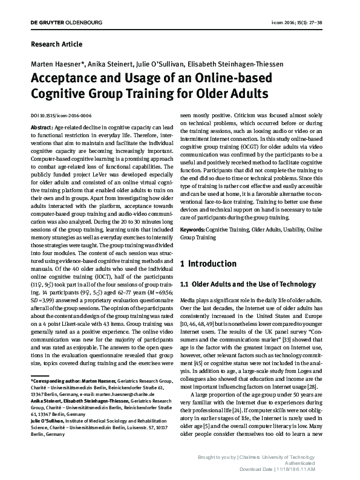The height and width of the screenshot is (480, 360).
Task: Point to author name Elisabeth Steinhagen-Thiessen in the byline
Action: tap(237, 64)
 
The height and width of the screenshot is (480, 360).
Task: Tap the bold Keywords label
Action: tap(194, 231)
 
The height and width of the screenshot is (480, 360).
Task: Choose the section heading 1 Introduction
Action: tap(209, 264)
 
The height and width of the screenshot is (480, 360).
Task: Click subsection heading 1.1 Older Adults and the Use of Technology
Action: tap(244, 284)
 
